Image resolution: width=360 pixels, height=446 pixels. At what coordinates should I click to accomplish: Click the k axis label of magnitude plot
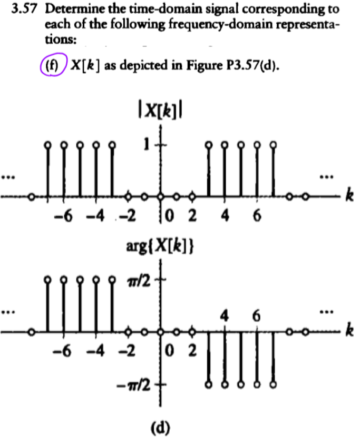[348, 197]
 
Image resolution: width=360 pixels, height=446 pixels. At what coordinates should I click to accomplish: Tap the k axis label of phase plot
[348, 332]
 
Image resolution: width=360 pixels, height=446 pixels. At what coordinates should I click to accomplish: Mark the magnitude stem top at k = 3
[209, 144]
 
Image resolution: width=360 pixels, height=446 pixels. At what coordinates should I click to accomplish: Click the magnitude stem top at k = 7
[273, 144]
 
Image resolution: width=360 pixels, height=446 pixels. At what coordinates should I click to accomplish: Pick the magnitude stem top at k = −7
[48, 144]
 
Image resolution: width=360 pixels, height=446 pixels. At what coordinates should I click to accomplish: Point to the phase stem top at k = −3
[112, 279]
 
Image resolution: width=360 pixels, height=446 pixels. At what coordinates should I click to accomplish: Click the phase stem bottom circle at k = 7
[273, 384]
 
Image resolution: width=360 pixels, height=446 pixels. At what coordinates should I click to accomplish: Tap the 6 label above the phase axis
[256, 316]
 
